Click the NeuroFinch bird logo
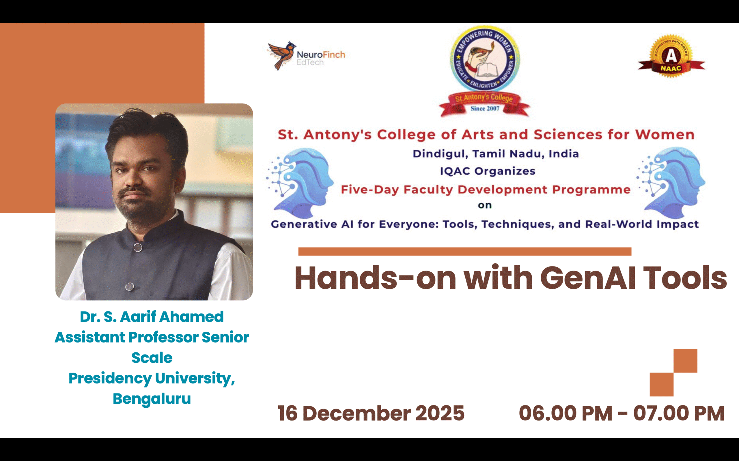281,56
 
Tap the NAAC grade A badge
671,57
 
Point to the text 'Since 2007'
485,109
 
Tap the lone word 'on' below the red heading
485,205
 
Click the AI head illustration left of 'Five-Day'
301,183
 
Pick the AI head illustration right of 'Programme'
672,183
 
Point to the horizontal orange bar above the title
464,251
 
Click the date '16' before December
287,413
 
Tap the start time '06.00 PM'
565,413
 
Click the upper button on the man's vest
138,247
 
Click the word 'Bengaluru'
152,399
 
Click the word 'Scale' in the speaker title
152,358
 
